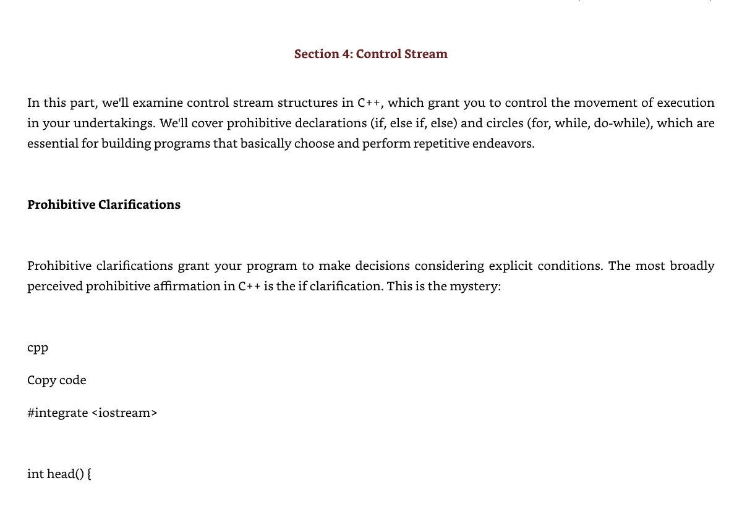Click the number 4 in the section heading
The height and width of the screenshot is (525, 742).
[346, 54]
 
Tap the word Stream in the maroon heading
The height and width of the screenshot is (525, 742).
[426, 54]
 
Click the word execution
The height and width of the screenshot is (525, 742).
[685, 103]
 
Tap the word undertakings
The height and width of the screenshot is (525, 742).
[114, 123]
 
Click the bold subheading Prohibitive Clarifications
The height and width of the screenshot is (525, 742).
[104, 204]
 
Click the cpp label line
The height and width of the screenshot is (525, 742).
[38, 348]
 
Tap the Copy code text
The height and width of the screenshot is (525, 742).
[57, 380]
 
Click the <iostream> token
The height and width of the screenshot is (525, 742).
[124, 413]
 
